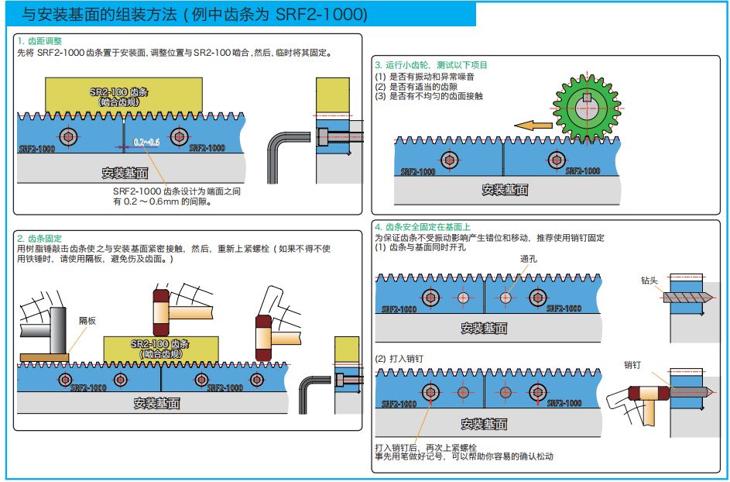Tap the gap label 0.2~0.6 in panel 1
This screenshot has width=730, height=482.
click(146, 143)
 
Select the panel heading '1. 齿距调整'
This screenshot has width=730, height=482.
click(39, 40)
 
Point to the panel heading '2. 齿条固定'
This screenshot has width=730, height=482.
click(39, 238)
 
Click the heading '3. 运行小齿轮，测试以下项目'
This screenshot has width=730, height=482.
click(431, 65)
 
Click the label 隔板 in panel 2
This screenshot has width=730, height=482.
click(87, 320)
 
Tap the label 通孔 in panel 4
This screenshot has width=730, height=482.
click(529, 260)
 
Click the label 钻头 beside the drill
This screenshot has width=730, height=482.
click(648, 281)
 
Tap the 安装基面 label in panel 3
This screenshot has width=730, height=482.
click(505, 190)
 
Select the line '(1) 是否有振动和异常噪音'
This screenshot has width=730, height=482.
click(424, 77)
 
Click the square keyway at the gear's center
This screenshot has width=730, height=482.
click(588, 97)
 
